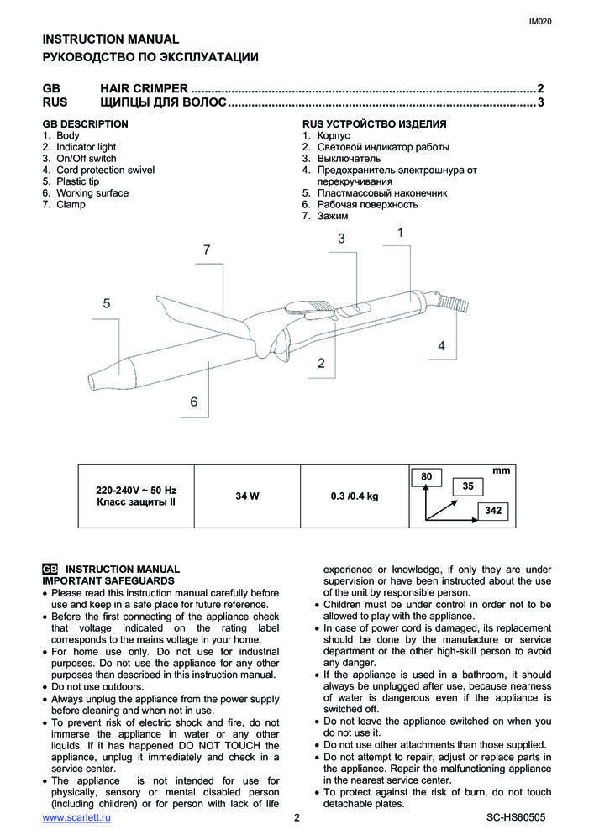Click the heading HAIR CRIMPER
point(144,88)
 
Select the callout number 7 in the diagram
point(206,249)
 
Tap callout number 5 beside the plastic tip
point(107,304)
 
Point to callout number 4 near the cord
point(441,345)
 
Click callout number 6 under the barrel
point(193,402)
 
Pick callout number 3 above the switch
point(342,239)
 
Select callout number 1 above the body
point(401,232)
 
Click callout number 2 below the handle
point(321,363)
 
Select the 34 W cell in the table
point(247,496)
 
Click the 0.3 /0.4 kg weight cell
point(355,496)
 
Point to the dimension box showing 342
point(493,510)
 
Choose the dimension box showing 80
point(426,477)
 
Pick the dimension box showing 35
point(468,486)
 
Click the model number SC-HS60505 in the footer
point(516,817)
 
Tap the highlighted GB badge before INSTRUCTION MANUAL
point(50,569)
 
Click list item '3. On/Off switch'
point(80,158)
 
